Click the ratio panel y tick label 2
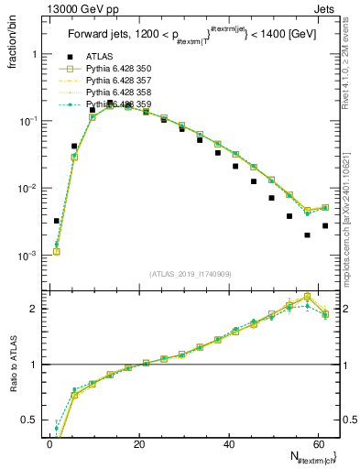click(x=35, y=309)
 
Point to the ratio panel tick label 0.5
click(x=31, y=420)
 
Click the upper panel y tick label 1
click(x=35, y=54)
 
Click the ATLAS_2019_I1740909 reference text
click(x=191, y=274)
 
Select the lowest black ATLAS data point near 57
click(x=307, y=234)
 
